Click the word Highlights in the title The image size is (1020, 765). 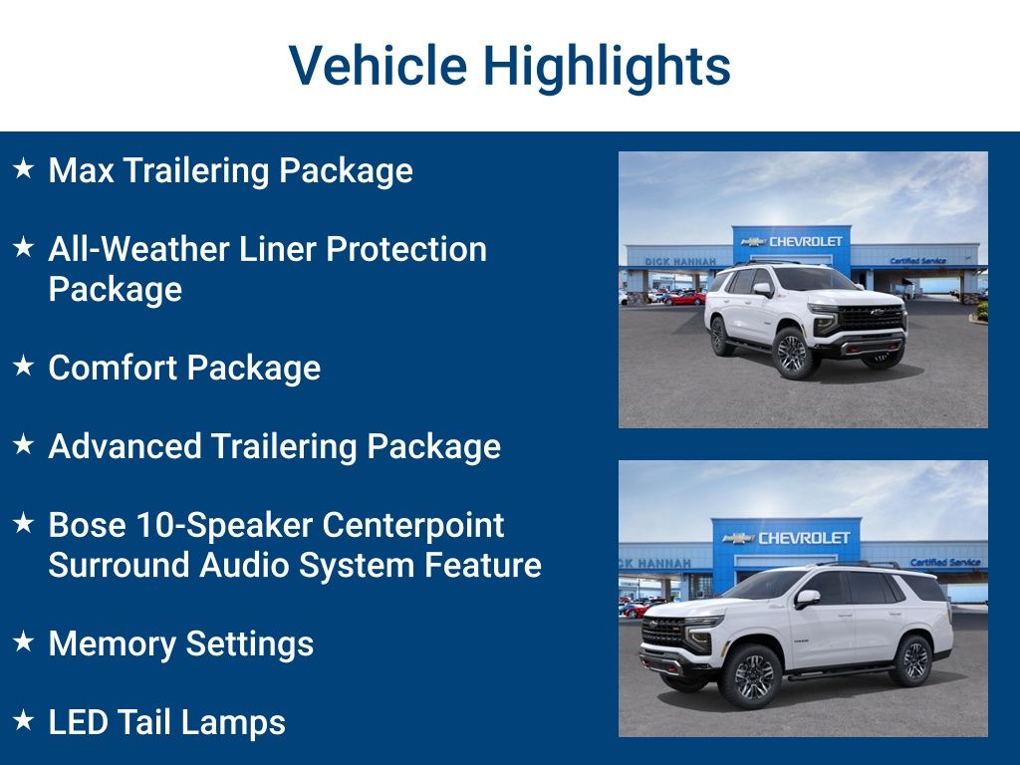tap(607, 66)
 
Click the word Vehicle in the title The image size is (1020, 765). tap(378, 66)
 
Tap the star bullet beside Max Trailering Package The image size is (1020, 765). tap(23, 169)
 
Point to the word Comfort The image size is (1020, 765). tap(113, 368)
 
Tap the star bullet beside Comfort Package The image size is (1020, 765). tap(23, 367)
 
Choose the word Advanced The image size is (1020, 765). tap(125, 446)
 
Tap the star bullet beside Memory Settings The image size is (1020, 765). tap(23, 642)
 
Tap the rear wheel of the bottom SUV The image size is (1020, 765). tap(913, 661)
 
